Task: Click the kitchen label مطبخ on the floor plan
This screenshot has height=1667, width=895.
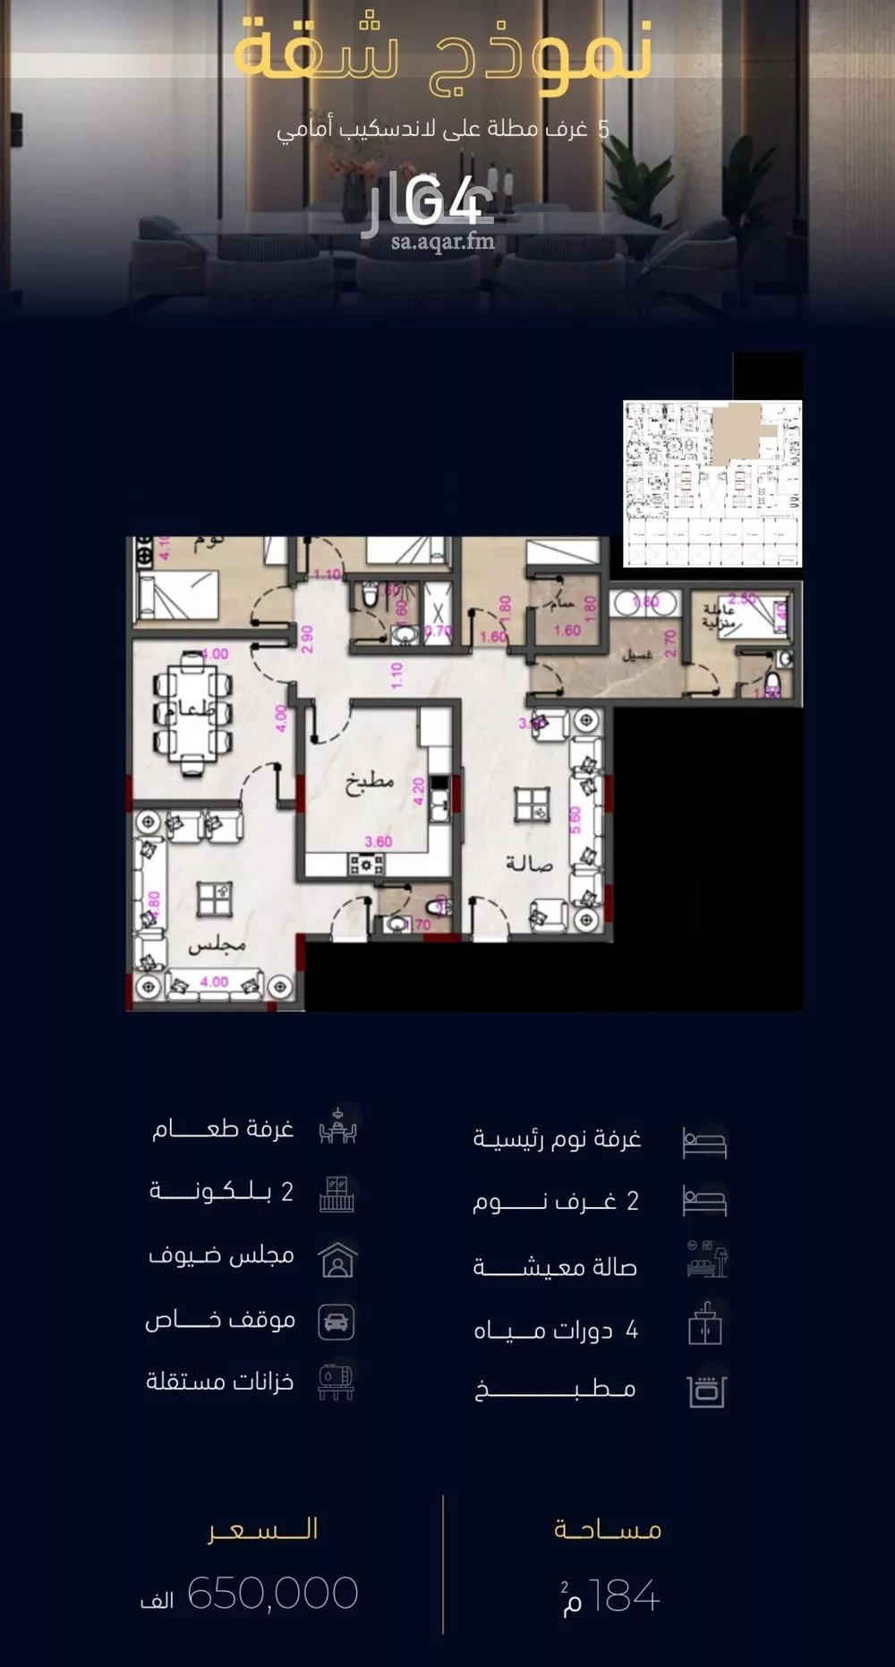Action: [x=370, y=782]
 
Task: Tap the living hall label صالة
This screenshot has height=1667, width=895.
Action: [x=529, y=863]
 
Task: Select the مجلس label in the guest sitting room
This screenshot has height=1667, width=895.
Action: [x=217, y=944]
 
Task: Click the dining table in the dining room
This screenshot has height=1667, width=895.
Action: [x=192, y=711]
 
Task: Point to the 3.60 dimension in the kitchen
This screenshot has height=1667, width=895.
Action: [x=379, y=841]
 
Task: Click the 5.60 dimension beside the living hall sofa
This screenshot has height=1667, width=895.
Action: [x=575, y=820]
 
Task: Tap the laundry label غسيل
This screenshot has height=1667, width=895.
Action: [x=637, y=655]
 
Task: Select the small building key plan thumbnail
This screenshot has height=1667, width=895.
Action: [x=712, y=483]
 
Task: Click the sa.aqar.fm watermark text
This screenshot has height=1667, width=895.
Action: [x=442, y=241]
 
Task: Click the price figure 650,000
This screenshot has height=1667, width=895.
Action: [x=273, y=1594]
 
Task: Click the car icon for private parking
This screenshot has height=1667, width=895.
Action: [x=337, y=1322]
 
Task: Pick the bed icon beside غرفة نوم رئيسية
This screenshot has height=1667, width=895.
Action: [x=704, y=1142]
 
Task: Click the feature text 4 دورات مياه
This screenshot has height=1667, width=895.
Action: [x=556, y=1331]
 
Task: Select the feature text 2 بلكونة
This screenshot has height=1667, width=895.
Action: [x=221, y=1191]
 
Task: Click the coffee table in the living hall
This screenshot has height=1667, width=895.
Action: [x=533, y=805]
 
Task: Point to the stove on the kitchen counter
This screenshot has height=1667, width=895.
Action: [x=366, y=864]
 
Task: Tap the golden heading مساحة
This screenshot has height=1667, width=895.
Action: [x=608, y=1529]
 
